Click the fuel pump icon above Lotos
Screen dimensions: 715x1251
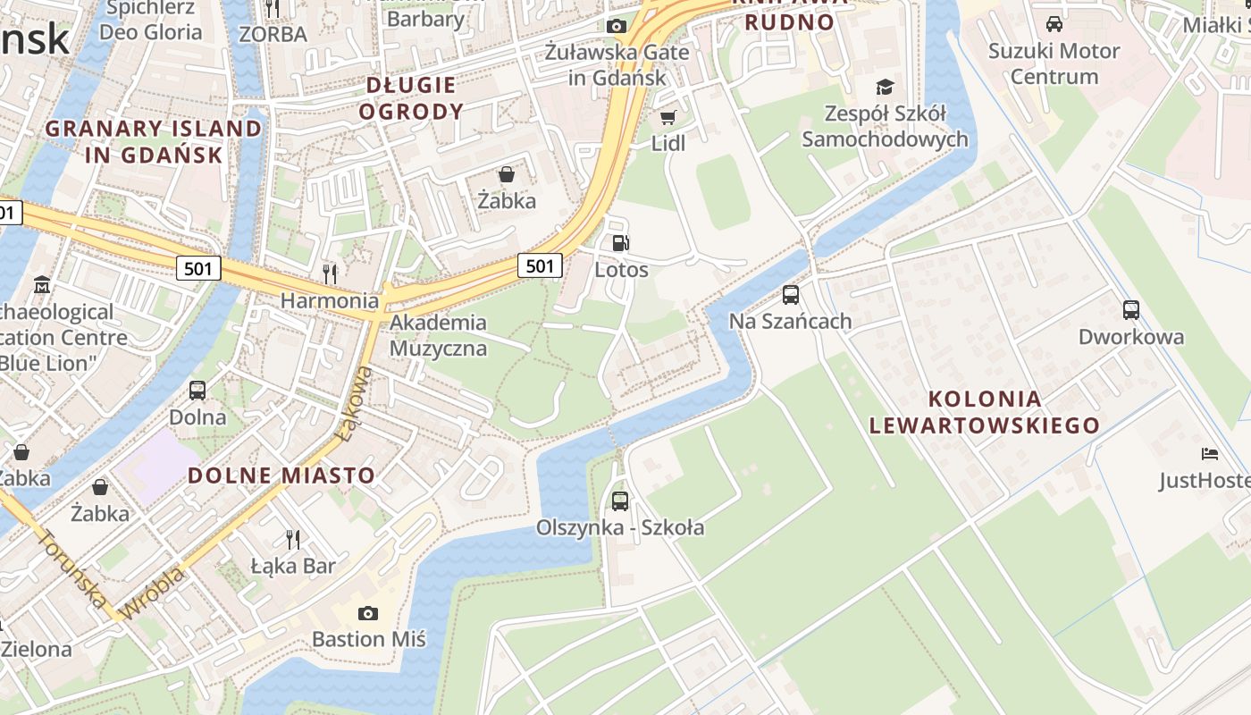point(620,242)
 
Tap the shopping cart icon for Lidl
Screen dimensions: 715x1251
point(667,117)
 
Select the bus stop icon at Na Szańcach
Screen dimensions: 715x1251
point(790,294)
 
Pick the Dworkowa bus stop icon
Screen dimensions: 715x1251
point(1130,310)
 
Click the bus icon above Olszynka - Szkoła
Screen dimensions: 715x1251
point(619,500)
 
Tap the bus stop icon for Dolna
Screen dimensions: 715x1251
point(197,391)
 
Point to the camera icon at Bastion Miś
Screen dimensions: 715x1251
point(367,613)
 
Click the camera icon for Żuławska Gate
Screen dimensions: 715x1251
point(616,26)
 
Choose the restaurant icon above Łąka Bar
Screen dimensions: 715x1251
point(292,538)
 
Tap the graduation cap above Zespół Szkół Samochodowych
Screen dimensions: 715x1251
point(885,87)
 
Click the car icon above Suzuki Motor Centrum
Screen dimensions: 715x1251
point(1054,24)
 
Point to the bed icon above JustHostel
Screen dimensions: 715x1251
point(1210,454)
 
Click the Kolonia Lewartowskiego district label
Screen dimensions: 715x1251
point(985,412)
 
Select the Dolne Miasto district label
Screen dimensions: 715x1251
point(281,475)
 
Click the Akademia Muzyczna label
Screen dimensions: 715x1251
point(438,335)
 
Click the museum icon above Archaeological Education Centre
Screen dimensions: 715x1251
point(41,285)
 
